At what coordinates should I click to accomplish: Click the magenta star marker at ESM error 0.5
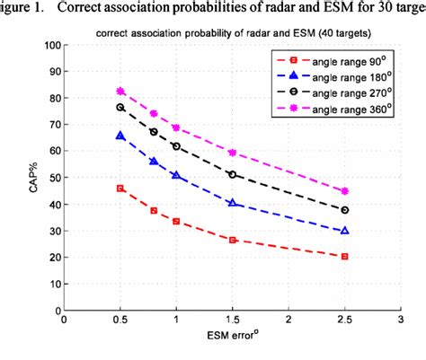[120, 92]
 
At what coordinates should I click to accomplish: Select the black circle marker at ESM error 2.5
[344, 210]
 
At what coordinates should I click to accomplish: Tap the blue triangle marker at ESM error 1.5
[232, 204]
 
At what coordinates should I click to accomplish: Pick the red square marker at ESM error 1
[176, 222]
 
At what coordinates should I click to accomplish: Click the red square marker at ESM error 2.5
[344, 257]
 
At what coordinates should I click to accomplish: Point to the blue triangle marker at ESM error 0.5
[120, 136]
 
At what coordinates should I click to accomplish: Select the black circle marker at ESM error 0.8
[154, 132]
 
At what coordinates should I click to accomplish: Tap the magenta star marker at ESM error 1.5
[232, 153]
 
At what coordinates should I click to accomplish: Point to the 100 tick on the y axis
[51, 46]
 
